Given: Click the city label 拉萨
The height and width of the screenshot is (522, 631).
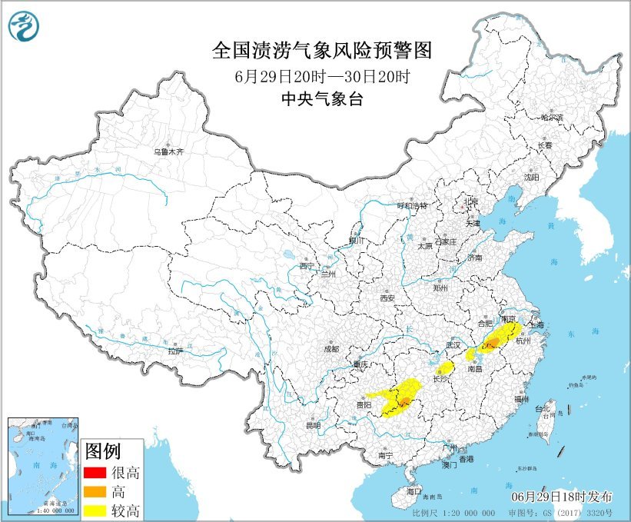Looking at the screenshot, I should click(x=175, y=351).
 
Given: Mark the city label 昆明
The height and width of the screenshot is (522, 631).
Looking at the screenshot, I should click(x=313, y=425).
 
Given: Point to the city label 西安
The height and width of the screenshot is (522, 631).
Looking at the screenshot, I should click(x=387, y=298).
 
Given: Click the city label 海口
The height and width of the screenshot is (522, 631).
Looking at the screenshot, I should click(x=414, y=490).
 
